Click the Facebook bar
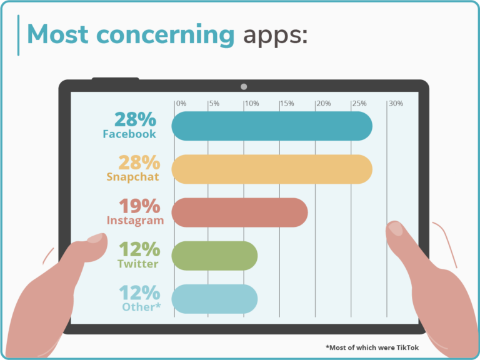click(x=272, y=126)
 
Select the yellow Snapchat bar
click(x=272, y=169)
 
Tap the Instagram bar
click(x=239, y=212)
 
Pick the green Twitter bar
click(x=214, y=256)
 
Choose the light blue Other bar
click(x=214, y=299)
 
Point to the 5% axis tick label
click(x=214, y=103)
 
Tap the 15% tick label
click(x=287, y=103)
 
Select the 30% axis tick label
click(x=396, y=103)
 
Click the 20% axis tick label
click(x=323, y=103)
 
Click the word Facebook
click(x=129, y=134)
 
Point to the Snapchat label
click(x=132, y=177)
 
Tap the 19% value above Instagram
click(x=139, y=206)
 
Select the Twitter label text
click(x=137, y=264)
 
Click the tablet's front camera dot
click(x=244, y=86)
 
